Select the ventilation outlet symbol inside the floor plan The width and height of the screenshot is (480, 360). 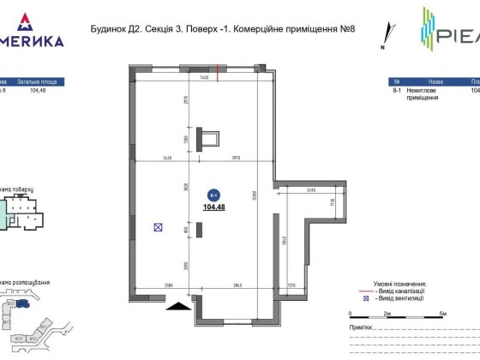click(x=158, y=227)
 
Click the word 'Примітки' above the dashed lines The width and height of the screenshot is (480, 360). click(x=363, y=327)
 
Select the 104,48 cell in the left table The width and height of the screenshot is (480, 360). click(x=38, y=88)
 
